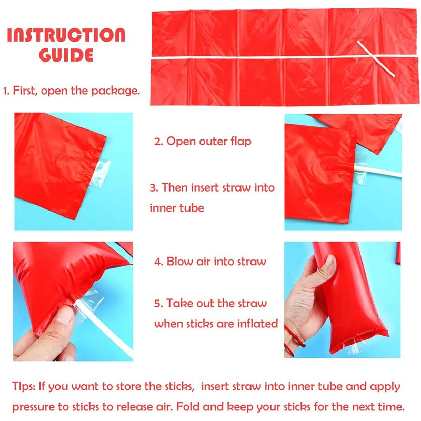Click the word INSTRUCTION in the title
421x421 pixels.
point(66,35)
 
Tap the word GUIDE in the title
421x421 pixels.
point(66,55)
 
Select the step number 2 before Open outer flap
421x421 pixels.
point(157,141)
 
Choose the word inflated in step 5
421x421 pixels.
point(258,324)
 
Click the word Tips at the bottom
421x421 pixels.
point(24,387)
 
